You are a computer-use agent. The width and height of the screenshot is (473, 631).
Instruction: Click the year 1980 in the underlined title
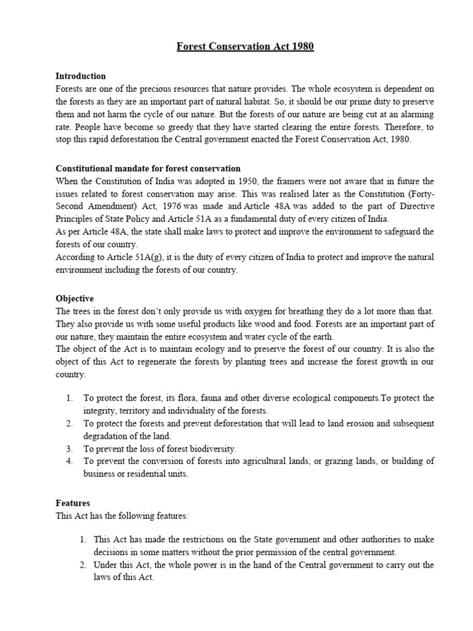coord(302,47)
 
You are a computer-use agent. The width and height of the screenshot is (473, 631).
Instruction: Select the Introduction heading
coord(81,76)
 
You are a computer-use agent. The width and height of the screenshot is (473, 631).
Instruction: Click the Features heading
coord(73,503)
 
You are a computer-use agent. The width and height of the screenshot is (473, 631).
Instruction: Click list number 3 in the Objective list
coord(70,449)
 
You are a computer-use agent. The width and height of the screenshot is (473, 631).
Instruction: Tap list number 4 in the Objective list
coord(70,462)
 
